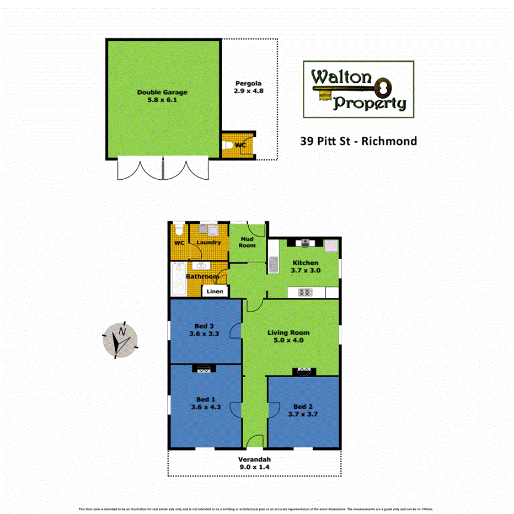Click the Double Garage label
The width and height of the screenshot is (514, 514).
pos(162,92)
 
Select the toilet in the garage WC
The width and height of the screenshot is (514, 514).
pos(228,145)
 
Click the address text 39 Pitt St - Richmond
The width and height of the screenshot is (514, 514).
pos(358,141)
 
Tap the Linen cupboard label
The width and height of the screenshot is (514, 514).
pos(215,291)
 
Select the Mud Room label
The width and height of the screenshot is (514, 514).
pos(247,242)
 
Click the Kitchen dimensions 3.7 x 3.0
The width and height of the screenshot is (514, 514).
pos(306,271)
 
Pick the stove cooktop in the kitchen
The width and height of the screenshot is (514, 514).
pos(305,292)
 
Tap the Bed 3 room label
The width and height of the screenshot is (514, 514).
pos(204,325)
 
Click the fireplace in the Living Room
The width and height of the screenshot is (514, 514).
pos(303,371)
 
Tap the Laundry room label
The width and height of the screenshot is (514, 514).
pos(208,243)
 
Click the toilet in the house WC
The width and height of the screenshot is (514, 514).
pos(178,229)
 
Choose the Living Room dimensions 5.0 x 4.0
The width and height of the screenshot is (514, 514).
pos(288,340)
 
